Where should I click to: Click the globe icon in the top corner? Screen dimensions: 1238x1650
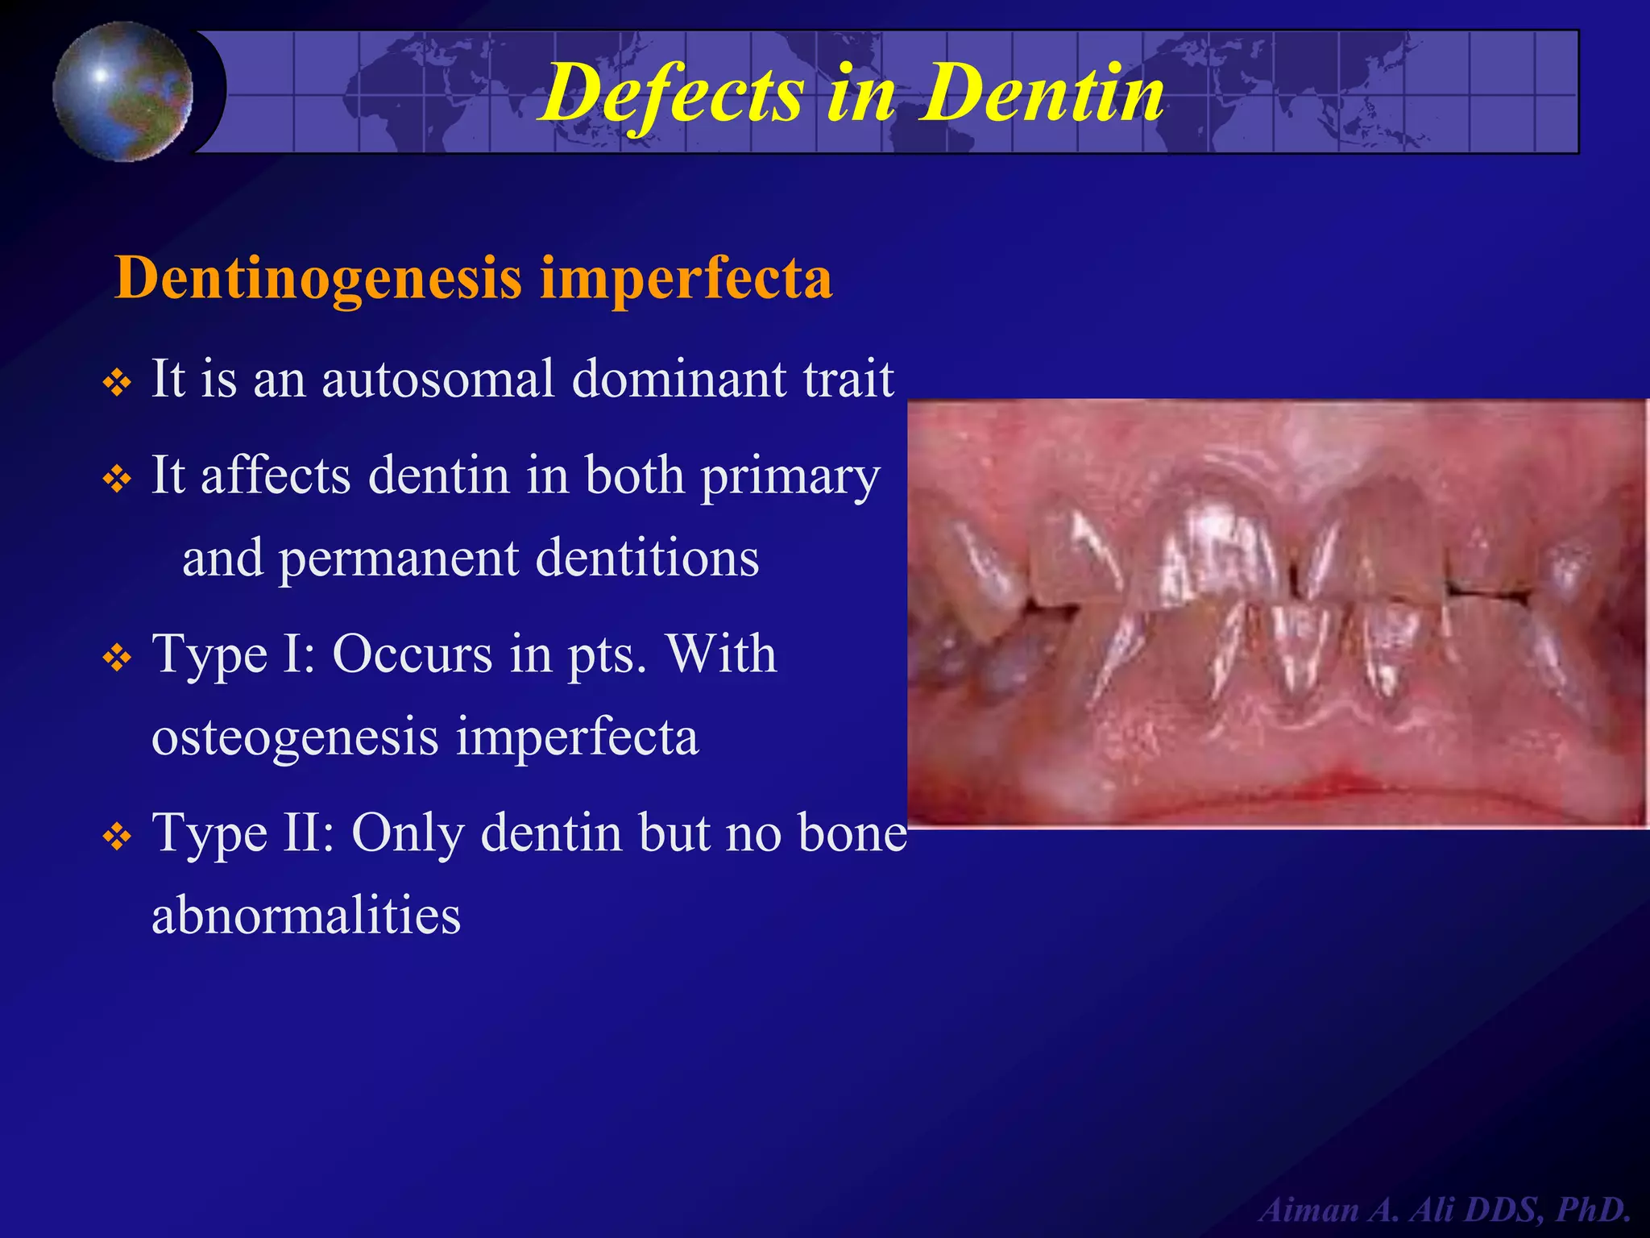[123, 91]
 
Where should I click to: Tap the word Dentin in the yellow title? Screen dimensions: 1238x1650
[1044, 94]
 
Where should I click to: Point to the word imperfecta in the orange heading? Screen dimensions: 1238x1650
[686, 278]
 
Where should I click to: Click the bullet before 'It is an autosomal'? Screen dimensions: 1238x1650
[118, 382]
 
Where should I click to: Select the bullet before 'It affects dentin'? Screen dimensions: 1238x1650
[118, 480]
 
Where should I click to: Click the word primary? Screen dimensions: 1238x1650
[790, 477]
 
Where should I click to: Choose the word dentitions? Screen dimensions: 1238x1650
[647, 558]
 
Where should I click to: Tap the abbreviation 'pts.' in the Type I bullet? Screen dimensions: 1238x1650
[607, 655]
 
